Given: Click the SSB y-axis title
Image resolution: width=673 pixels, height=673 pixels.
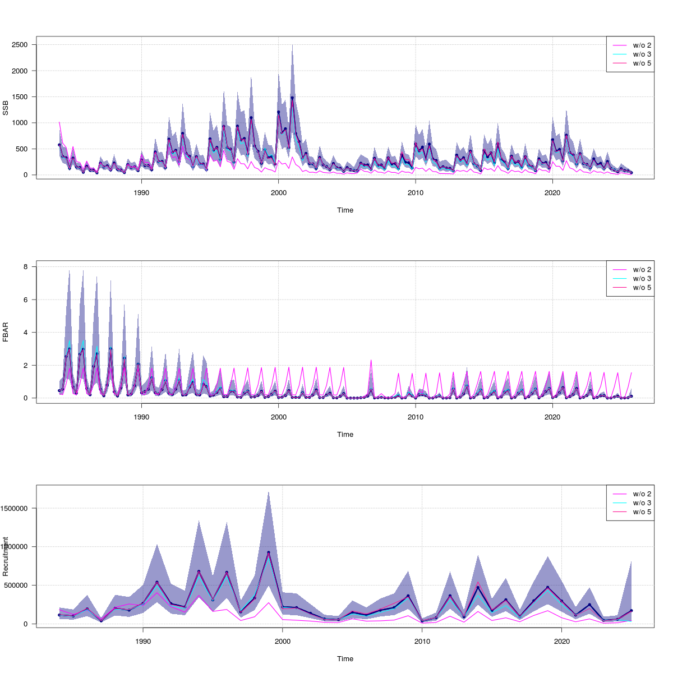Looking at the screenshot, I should click(6, 108).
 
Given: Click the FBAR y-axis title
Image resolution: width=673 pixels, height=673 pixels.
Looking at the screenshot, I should click(6, 332).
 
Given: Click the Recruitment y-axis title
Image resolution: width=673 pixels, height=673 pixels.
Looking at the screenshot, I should click(6, 556).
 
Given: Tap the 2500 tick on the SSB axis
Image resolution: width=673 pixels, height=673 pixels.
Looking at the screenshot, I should click(22, 45).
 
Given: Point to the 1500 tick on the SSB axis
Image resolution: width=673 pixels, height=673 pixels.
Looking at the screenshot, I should click(22, 97).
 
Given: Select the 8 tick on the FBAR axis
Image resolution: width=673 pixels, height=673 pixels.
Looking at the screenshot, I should click(26, 267).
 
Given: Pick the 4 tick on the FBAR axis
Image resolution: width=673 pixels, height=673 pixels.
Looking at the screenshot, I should click(26, 333).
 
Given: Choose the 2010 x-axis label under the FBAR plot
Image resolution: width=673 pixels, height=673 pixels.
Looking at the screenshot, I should click(415, 417).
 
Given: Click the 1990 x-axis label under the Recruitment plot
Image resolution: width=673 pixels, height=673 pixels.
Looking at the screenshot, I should click(143, 641).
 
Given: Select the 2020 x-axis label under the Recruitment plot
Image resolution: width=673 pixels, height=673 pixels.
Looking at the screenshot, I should click(561, 641).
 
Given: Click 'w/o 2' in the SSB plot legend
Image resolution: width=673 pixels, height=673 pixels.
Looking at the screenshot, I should click(642, 45).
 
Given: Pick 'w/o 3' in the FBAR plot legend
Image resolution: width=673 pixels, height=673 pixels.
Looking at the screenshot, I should click(642, 279).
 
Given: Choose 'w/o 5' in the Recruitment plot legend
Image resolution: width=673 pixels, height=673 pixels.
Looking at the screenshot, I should click(642, 512).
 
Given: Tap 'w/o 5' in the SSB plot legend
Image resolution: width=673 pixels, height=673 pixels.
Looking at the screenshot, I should click(642, 63).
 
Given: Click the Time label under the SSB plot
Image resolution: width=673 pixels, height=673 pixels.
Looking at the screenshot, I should click(345, 210).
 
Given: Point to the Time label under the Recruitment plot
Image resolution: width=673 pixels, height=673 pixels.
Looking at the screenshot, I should click(345, 659).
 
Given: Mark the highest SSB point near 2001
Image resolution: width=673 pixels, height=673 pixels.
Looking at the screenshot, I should click(292, 98).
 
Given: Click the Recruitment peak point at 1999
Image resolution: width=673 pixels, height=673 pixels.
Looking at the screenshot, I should click(269, 552).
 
